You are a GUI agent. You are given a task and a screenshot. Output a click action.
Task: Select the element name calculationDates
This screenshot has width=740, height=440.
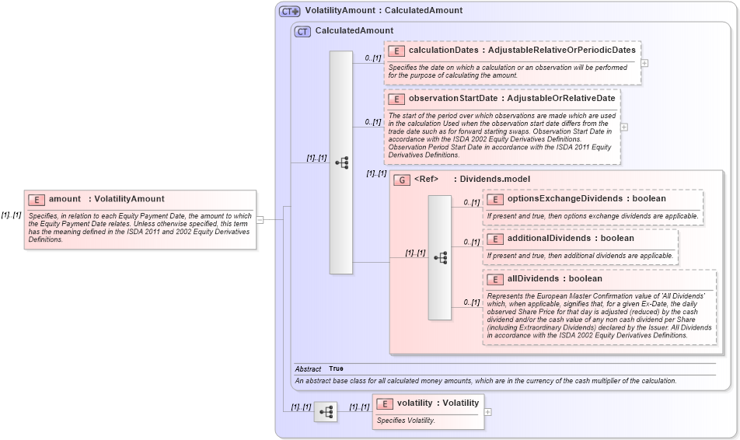coord(443,50)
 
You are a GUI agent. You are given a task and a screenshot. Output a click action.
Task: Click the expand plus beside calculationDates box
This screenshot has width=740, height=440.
coord(644,63)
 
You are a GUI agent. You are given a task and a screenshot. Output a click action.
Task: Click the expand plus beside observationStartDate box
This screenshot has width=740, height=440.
coord(623,127)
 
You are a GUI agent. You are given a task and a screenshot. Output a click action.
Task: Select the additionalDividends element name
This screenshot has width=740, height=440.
coord(549,238)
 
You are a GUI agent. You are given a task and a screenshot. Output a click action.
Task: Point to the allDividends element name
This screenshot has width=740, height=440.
coord(535,278)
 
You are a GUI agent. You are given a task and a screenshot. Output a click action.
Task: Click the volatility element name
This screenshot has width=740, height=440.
coord(417,403)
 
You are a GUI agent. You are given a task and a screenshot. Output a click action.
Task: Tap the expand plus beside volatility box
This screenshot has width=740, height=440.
coord(487,412)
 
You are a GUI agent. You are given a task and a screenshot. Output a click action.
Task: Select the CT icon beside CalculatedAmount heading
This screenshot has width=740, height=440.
coord(302,31)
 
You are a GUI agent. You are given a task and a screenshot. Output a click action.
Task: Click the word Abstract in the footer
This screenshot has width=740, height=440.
coord(308,368)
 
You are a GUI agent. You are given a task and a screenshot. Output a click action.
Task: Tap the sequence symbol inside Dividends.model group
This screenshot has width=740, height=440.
coord(439,257)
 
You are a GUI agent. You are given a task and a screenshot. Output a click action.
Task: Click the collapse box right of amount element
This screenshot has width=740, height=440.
coord(260,219)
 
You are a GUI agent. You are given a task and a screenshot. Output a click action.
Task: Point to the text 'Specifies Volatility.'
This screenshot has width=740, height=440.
coord(406,421)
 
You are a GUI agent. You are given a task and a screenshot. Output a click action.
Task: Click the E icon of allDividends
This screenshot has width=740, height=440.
coord(495,278)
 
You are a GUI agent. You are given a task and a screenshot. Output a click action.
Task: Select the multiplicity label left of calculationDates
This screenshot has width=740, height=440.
coord(373,58)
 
